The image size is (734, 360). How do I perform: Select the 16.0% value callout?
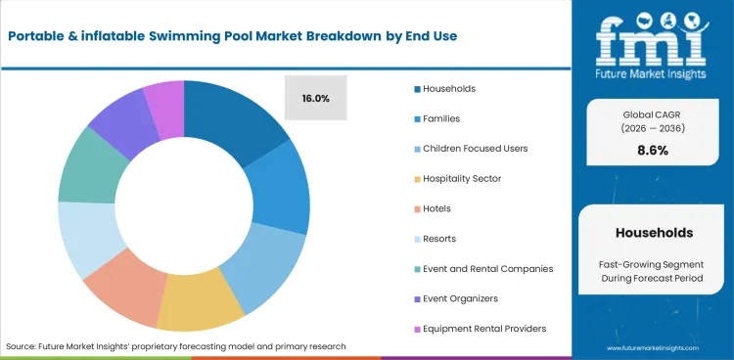point(315,98)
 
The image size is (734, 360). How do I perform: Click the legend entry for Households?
point(442,88)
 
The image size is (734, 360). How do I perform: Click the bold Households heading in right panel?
point(654,233)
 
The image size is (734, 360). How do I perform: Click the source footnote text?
point(175,347)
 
